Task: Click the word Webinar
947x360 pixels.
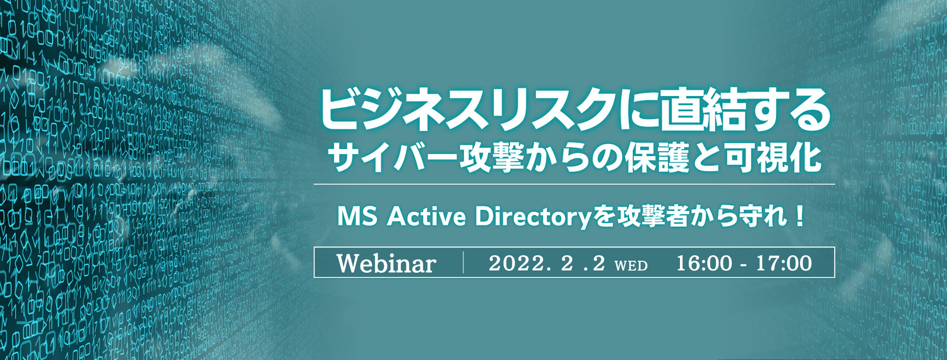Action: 386,263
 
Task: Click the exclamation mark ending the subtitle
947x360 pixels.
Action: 799,217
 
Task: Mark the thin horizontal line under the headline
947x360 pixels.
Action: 574,184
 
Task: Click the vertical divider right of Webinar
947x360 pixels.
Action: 463,263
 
